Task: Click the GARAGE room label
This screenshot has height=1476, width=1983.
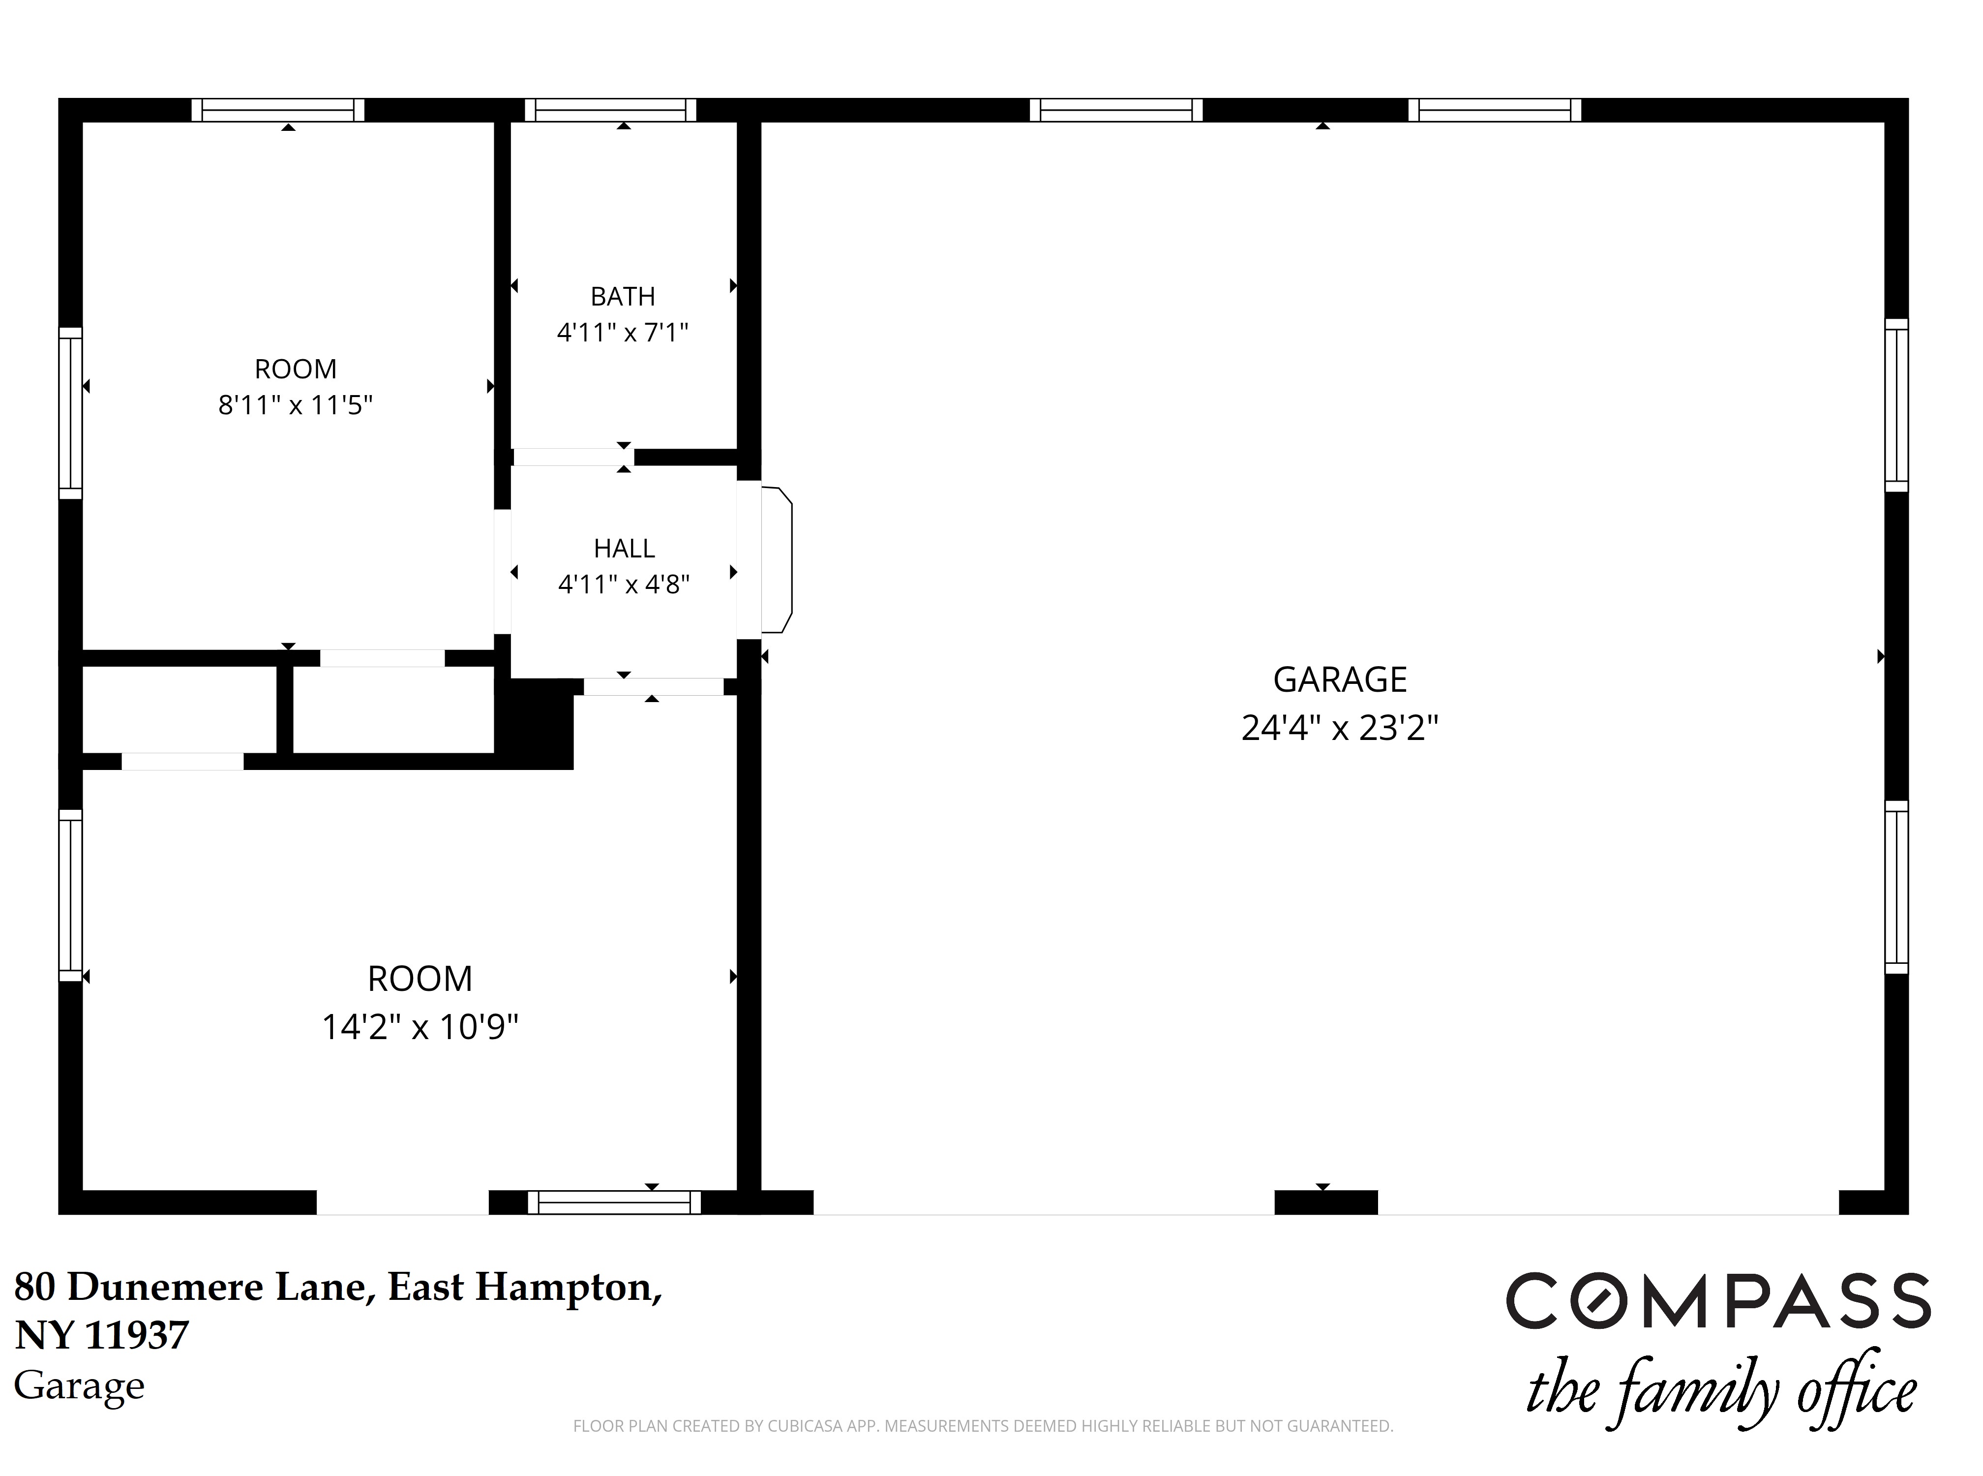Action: click(1339, 680)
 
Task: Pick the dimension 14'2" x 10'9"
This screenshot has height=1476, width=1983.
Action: click(420, 1027)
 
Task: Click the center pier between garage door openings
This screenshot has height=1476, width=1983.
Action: click(1325, 1202)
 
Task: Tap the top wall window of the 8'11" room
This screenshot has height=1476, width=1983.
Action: click(278, 110)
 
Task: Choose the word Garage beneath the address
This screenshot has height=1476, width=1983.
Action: click(80, 1386)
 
